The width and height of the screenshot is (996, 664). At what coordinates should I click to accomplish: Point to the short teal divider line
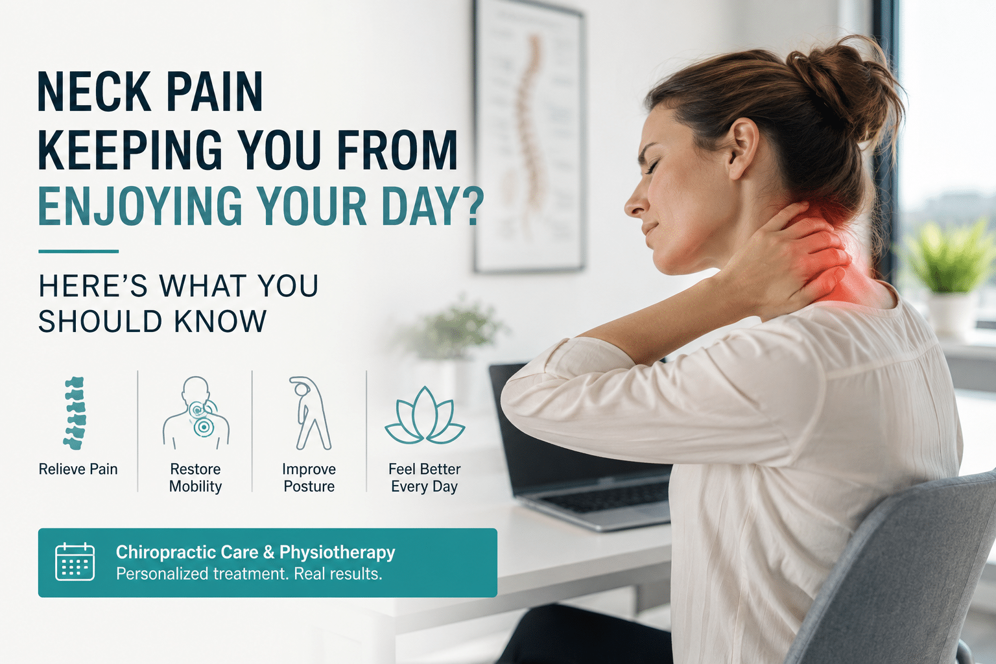tap(78, 252)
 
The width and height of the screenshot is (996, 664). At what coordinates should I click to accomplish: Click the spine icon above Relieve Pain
tap(75, 412)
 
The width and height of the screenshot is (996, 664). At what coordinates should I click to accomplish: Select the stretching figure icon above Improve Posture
tap(310, 412)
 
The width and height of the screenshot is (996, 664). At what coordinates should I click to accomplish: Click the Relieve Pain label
tap(78, 469)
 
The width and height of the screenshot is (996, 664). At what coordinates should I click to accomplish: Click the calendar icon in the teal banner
tap(75, 562)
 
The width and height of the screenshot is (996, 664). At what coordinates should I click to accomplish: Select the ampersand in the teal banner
tap(268, 552)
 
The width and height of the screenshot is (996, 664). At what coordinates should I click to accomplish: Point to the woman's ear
tap(743, 149)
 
